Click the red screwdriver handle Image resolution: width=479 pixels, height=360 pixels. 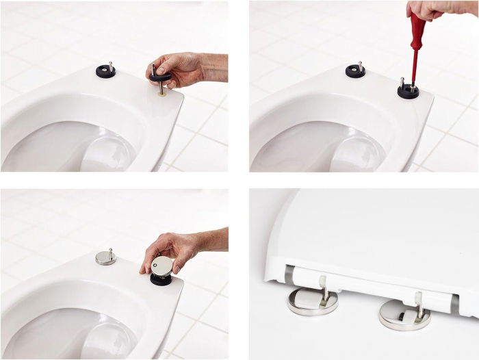[417, 34]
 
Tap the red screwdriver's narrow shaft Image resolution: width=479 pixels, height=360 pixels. [413, 73]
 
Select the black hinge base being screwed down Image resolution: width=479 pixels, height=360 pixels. [409, 90]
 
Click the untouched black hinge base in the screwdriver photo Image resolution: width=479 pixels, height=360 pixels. [355, 70]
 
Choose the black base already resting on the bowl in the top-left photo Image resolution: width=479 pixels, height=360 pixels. [105, 70]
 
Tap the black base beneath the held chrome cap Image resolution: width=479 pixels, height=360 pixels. [161, 279]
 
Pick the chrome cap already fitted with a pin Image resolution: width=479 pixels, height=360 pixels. [105, 258]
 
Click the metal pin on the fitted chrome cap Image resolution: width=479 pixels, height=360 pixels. [111, 253]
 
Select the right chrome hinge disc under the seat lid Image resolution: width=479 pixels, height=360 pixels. [404, 315]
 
